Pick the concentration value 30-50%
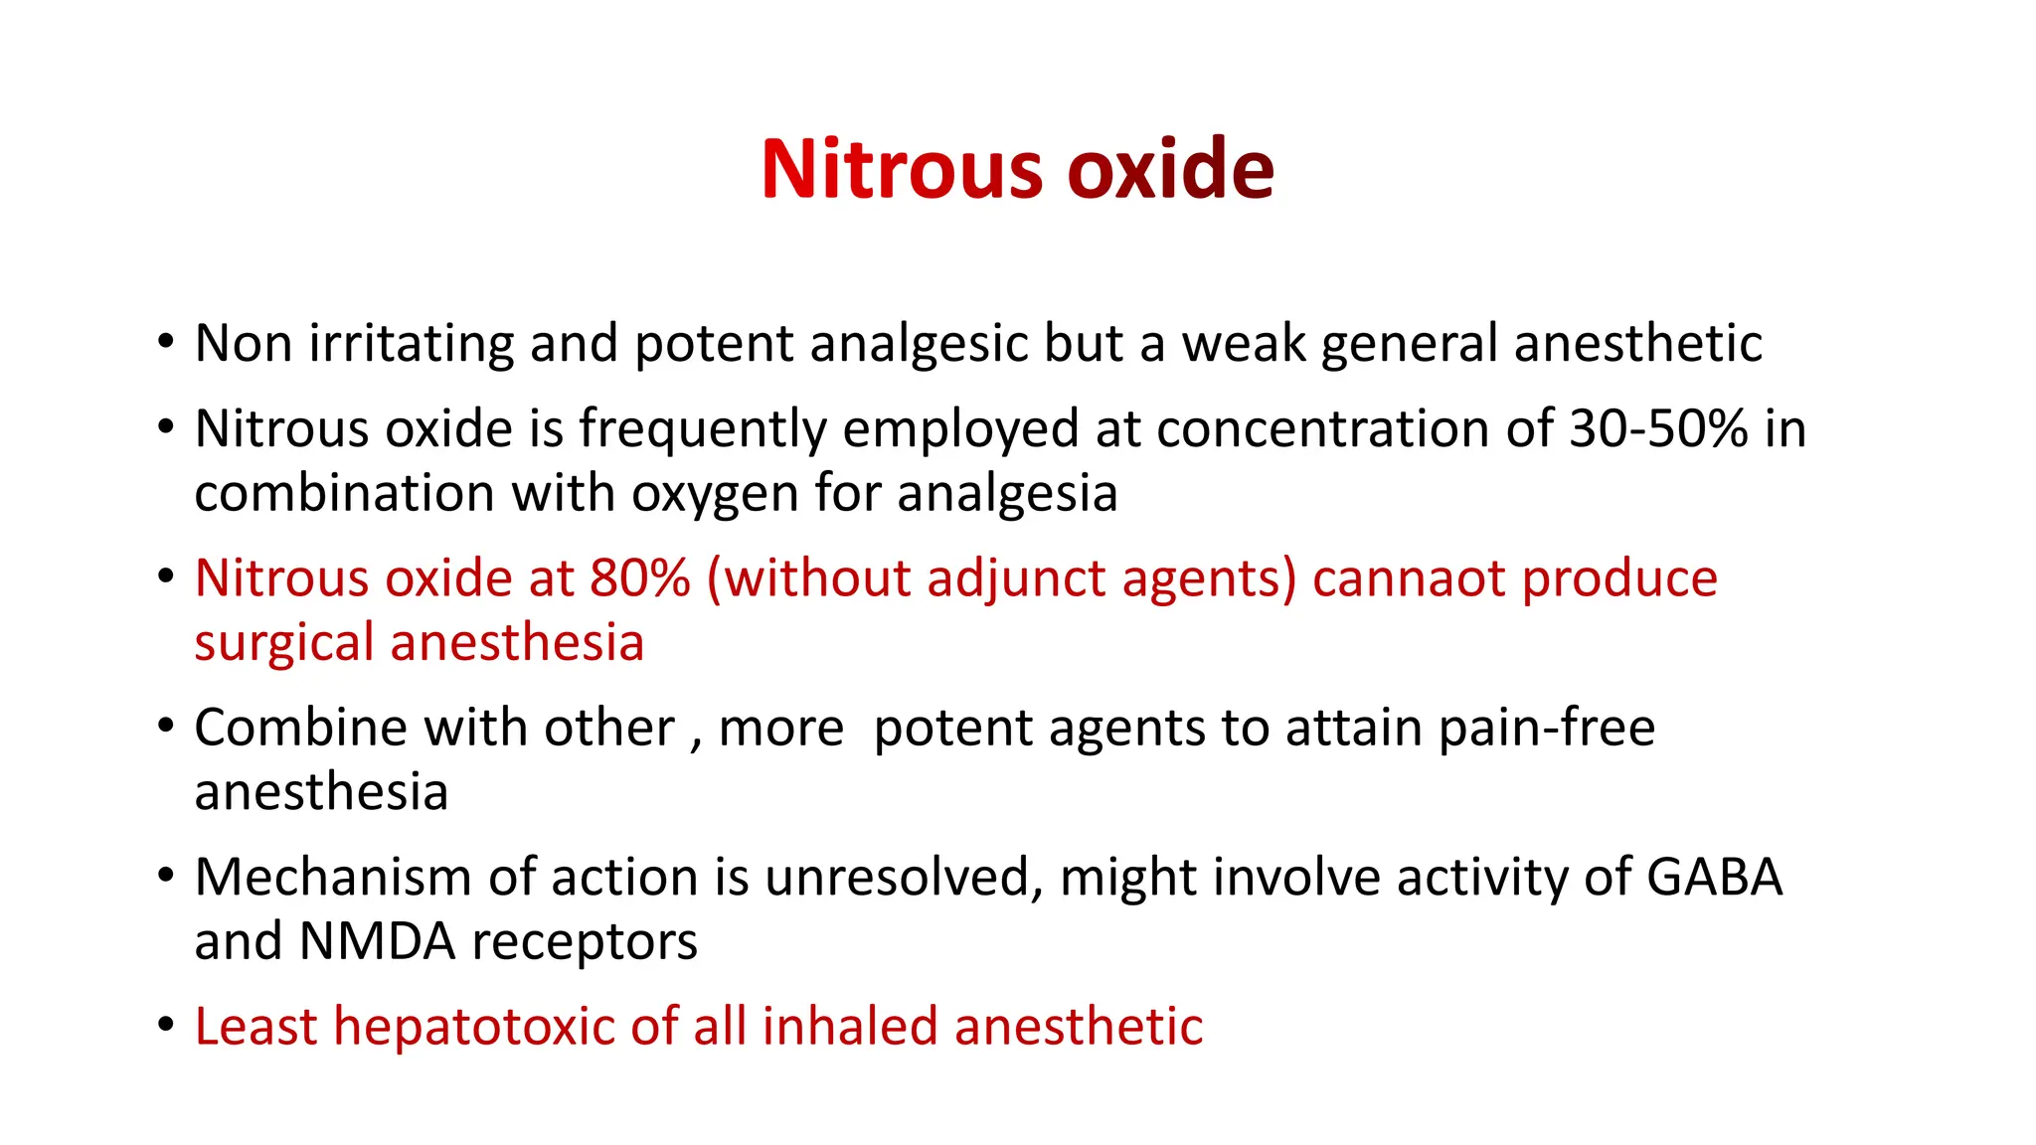click(1658, 429)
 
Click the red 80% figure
click(639, 578)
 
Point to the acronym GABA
click(1714, 878)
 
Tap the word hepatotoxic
click(473, 1027)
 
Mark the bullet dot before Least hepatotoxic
click(166, 1024)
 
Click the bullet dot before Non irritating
click(166, 342)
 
